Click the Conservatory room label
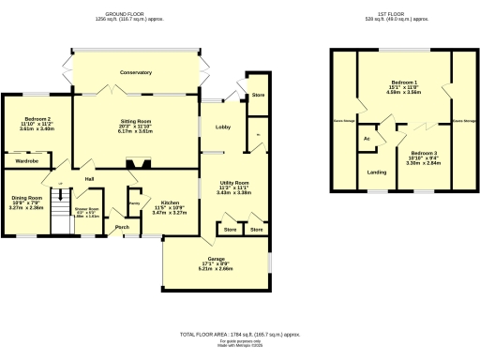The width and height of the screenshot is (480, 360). coord(136,72)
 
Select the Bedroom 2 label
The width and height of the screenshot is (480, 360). coord(37,123)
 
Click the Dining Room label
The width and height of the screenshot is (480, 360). coord(27,198)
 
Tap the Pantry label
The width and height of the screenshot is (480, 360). coord(133,202)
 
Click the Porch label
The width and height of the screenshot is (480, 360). coord(122,226)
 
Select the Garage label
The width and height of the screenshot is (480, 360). coord(216,257)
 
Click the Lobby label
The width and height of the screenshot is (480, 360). coord(223,127)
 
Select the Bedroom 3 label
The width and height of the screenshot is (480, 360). coord(423,152)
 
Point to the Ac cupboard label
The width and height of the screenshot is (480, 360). coord(367,139)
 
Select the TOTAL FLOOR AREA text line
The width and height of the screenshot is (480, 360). coord(240,334)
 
